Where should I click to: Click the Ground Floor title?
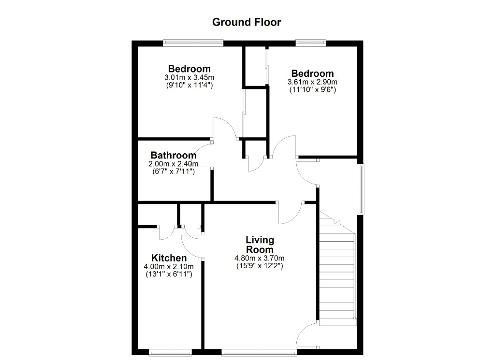click(246, 22)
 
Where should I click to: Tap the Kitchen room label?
click(169, 258)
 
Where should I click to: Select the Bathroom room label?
click(174, 155)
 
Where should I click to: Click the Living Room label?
click(260, 245)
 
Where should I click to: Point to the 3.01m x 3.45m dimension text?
click(189, 77)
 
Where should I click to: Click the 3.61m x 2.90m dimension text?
click(312, 82)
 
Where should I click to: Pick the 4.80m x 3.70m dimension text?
click(259, 258)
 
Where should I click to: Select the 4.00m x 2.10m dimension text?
click(169, 267)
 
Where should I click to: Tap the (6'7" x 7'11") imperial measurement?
click(174, 172)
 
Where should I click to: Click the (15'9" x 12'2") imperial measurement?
click(260, 266)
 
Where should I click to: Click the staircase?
click(337, 268)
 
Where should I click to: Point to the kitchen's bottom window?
click(170, 352)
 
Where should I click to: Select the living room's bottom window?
click(259, 352)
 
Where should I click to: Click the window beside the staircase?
click(361, 189)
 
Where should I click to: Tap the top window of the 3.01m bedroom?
click(193, 43)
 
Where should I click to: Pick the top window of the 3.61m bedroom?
click(311, 43)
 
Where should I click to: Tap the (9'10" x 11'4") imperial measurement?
click(189, 85)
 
